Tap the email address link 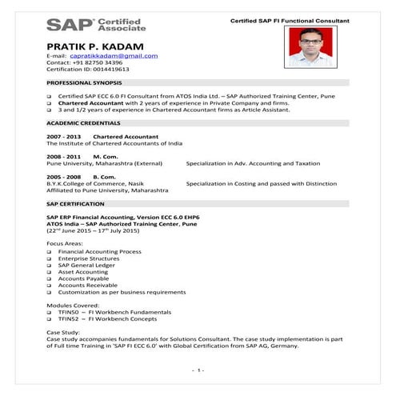pyautogui.click(x=114, y=56)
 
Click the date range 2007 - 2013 pyautogui.click(x=63, y=136)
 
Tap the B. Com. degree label pyautogui.click(x=104, y=175)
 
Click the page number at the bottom pyautogui.click(x=198, y=370)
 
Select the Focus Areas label pyautogui.click(x=66, y=242)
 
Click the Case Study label pyautogui.click(x=64, y=330)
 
